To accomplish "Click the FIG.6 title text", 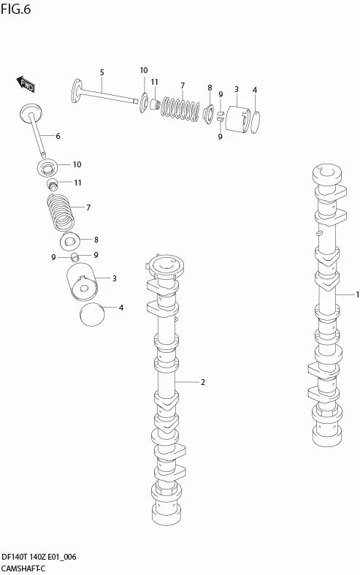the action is click(x=15, y=9).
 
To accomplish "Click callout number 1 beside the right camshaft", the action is click(x=357, y=294).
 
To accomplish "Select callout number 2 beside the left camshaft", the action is click(x=203, y=382).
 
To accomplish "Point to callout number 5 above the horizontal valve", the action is click(x=102, y=72).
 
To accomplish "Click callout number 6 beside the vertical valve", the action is click(x=58, y=136).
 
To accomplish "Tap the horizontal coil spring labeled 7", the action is click(x=180, y=109).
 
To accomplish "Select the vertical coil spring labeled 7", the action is click(x=61, y=213).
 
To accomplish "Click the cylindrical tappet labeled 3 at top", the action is click(x=237, y=119).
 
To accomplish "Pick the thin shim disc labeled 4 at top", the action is click(x=256, y=122).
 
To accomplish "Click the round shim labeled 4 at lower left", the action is click(x=92, y=314).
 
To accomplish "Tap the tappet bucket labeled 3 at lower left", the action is click(x=82, y=282).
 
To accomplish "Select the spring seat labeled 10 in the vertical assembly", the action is click(x=47, y=167).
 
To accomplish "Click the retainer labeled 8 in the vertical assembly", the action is click(x=70, y=241).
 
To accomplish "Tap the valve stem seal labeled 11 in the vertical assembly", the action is click(x=53, y=184).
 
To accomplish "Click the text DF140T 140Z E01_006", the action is click(x=39, y=557).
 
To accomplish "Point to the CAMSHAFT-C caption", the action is click(x=23, y=568).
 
